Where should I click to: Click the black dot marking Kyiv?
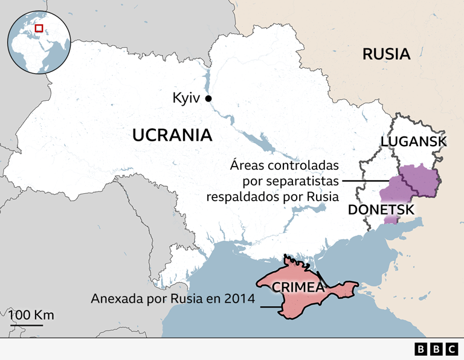pyautogui.click(x=208, y=98)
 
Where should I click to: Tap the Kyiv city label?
pyautogui.click(x=186, y=98)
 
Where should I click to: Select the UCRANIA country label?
pyautogui.click(x=172, y=135)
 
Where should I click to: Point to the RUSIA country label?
pyautogui.click(x=386, y=54)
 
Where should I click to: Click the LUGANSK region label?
pyautogui.click(x=413, y=142)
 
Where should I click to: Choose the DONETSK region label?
pyautogui.click(x=381, y=210)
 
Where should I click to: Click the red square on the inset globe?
pyautogui.click(x=39, y=28)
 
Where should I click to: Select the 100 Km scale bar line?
pyautogui.click(x=25, y=326)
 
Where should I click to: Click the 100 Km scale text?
pyautogui.click(x=31, y=315)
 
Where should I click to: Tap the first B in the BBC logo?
pyautogui.click(x=420, y=349)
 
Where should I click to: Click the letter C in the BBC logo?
pyautogui.click(x=451, y=349)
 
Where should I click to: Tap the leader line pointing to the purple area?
pyautogui.click(x=366, y=181)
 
